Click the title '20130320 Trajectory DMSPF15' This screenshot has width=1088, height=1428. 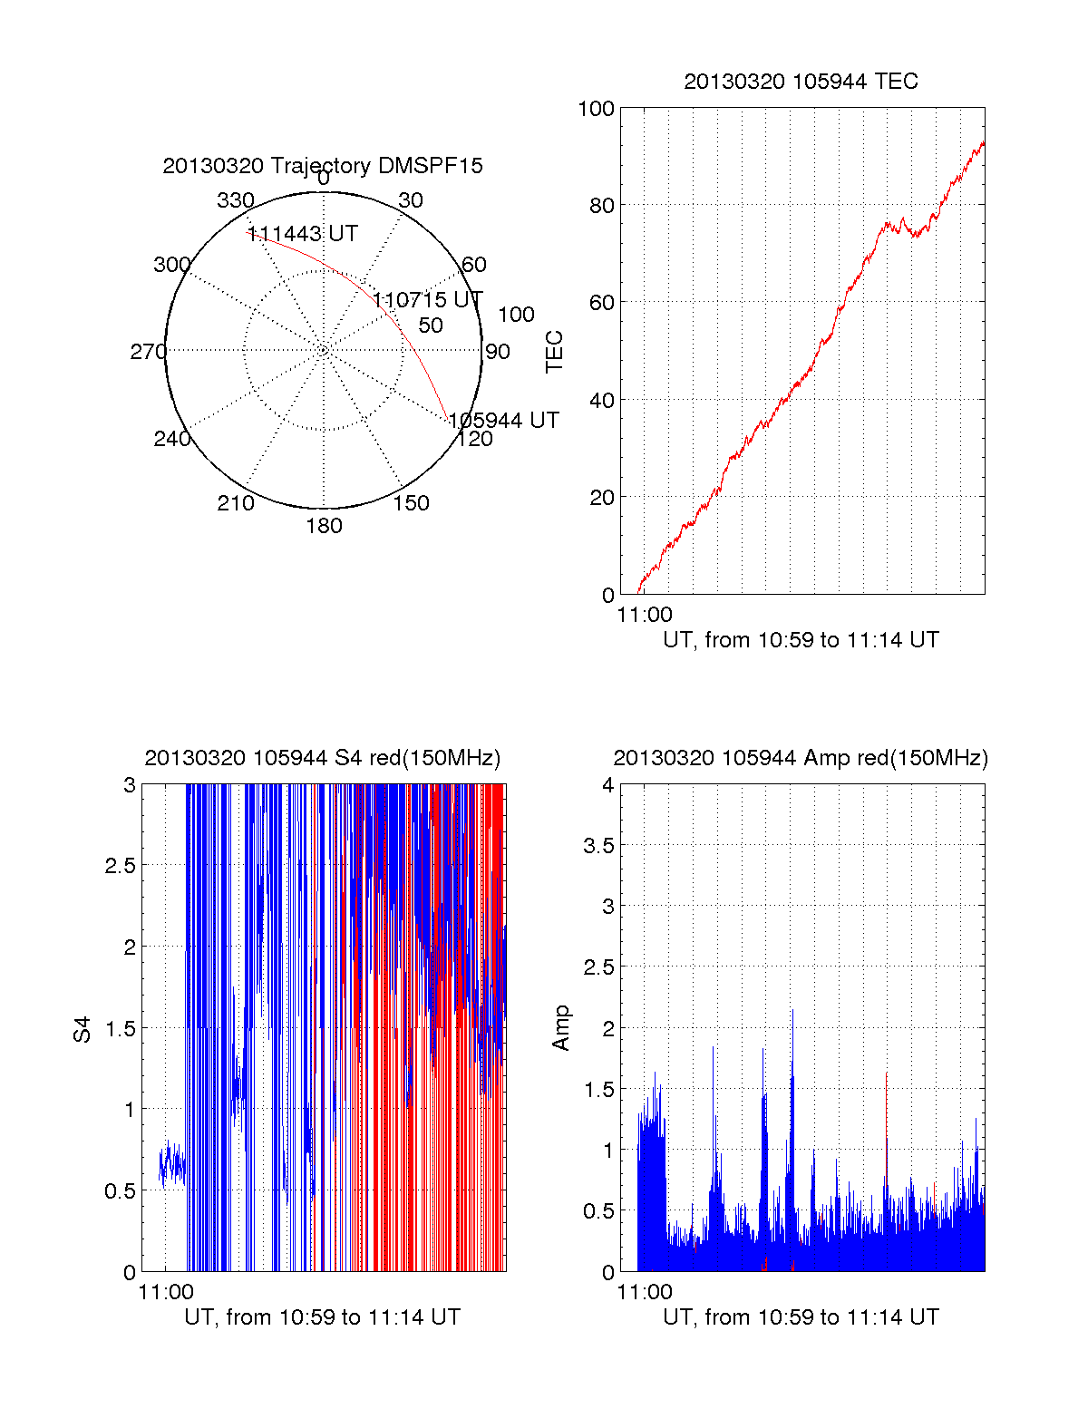pos(323,166)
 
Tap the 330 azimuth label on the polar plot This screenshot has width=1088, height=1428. pos(236,200)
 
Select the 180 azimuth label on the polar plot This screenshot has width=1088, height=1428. pos(324,526)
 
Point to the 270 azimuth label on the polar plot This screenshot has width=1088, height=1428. pos(148,352)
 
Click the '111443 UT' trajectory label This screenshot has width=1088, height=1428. pos(303,234)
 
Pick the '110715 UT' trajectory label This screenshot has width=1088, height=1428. pos(428,300)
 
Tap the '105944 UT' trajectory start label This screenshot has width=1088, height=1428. pos(504,421)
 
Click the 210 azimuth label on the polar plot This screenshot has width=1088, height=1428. pos(236,503)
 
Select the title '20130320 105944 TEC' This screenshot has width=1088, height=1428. pos(801,82)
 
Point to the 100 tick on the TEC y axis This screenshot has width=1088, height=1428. pos(596,109)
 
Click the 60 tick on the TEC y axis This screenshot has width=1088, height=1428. pos(602,303)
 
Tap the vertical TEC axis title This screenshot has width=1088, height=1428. pos(554,352)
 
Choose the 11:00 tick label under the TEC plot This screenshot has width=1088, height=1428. pos(645,615)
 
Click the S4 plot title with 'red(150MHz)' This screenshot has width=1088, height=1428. pos(323,758)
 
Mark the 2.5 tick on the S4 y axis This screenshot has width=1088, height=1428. pos(121,866)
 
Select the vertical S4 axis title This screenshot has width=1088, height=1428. pos(83,1029)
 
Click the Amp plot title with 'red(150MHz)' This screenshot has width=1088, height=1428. pos(801,758)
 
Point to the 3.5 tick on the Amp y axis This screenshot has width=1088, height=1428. pos(598,846)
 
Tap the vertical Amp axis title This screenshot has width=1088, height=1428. pos(561,1028)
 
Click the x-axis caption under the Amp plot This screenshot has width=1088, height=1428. pos(801,1317)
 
